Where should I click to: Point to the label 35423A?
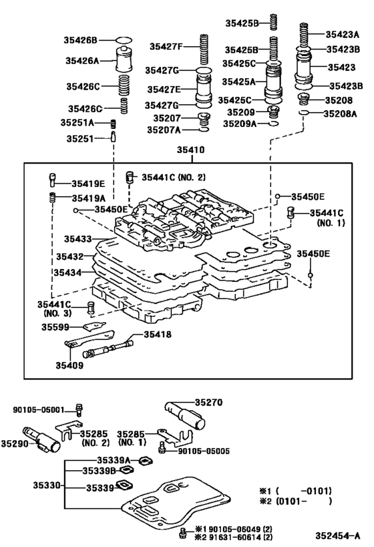click(x=343, y=33)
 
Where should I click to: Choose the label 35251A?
click(x=77, y=123)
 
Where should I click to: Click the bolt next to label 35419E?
click(x=51, y=180)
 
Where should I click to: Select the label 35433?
click(x=77, y=238)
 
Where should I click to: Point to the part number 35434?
click(x=68, y=272)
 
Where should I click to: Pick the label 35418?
click(x=158, y=334)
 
